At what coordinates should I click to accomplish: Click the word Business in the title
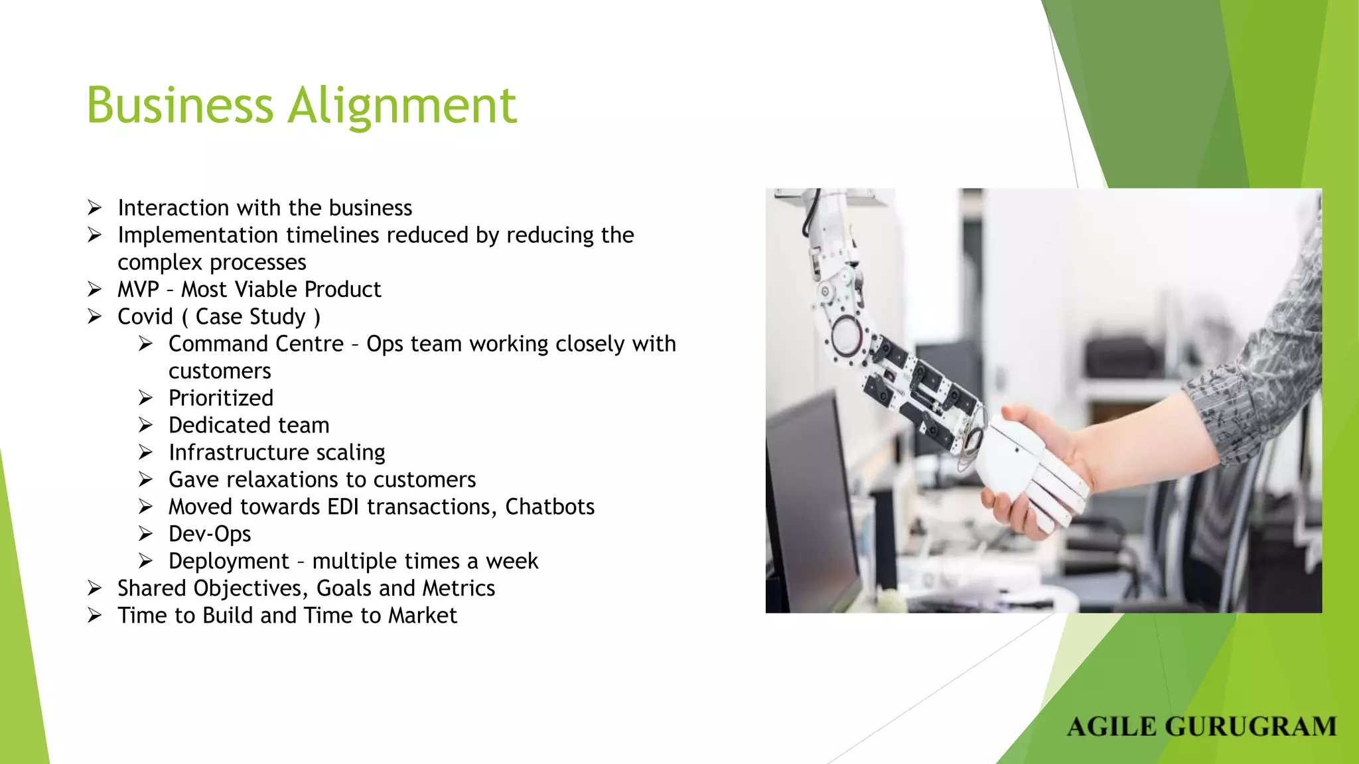tap(180, 106)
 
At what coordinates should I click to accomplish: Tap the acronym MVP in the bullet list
tap(138, 290)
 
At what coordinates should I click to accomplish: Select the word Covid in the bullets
tap(145, 317)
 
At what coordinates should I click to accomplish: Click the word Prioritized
tap(221, 398)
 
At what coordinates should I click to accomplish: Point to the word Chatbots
tap(549, 507)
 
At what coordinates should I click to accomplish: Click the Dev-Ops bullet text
tap(210, 534)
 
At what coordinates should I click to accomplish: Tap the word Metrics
tap(459, 588)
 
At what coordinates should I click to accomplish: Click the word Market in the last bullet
tap(423, 615)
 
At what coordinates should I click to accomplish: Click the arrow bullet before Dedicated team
tap(146, 425)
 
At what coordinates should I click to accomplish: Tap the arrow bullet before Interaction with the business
tap(95, 208)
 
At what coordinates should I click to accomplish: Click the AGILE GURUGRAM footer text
tap(1202, 727)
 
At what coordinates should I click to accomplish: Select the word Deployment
tap(229, 561)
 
